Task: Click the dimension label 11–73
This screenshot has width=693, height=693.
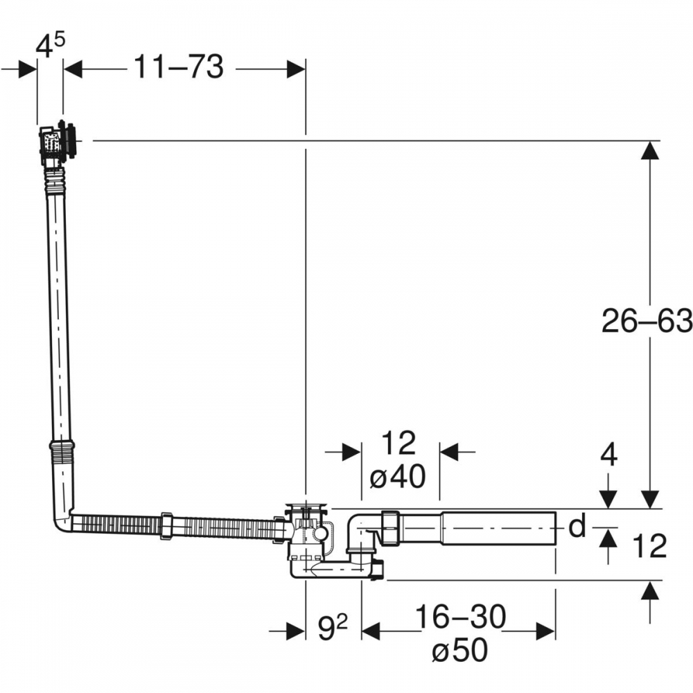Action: (179, 67)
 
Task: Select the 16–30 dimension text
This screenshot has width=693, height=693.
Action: (460, 617)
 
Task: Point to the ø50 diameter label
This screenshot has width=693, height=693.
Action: (459, 650)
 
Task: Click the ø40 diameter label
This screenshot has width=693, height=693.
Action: (397, 477)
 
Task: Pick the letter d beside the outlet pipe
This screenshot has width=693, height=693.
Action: (577, 526)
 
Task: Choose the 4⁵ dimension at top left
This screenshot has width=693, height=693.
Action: (49, 46)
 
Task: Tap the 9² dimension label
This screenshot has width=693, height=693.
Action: (333, 628)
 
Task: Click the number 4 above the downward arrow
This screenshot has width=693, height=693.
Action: (608, 455)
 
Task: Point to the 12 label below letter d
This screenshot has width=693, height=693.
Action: (649, 546)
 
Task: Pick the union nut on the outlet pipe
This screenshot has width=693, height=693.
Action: (390, 527)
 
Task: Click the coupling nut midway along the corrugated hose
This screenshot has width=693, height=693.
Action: (166, 525)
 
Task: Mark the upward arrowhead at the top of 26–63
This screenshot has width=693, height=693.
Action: (649, 150)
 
